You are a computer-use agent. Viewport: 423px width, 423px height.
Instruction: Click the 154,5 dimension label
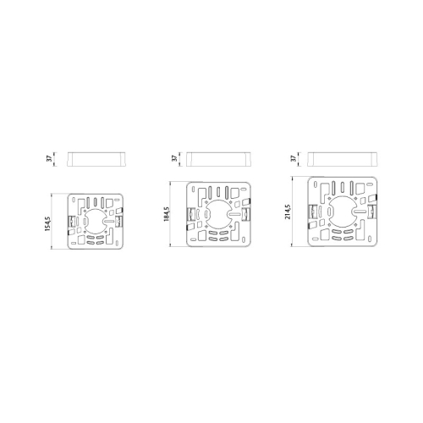tap(47, 224)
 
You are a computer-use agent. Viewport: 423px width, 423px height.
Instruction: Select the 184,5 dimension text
tap(167, 214)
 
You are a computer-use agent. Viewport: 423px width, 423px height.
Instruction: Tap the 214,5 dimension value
tap(288, 211)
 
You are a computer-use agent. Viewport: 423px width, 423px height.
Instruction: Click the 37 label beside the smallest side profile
tap(50, 158)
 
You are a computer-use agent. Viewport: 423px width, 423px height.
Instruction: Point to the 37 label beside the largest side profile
tap(294, 158)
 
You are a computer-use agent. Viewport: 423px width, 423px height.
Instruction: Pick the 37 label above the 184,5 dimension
tap(175, 158)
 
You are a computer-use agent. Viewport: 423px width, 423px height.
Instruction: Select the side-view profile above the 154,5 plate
tap(96, 159)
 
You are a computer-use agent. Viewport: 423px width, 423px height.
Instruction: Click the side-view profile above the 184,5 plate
tap(218, 159)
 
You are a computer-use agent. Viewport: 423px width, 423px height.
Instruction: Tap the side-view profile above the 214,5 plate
tap(343, 159)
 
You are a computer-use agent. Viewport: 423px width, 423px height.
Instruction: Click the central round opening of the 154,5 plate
tap(96, 222)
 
